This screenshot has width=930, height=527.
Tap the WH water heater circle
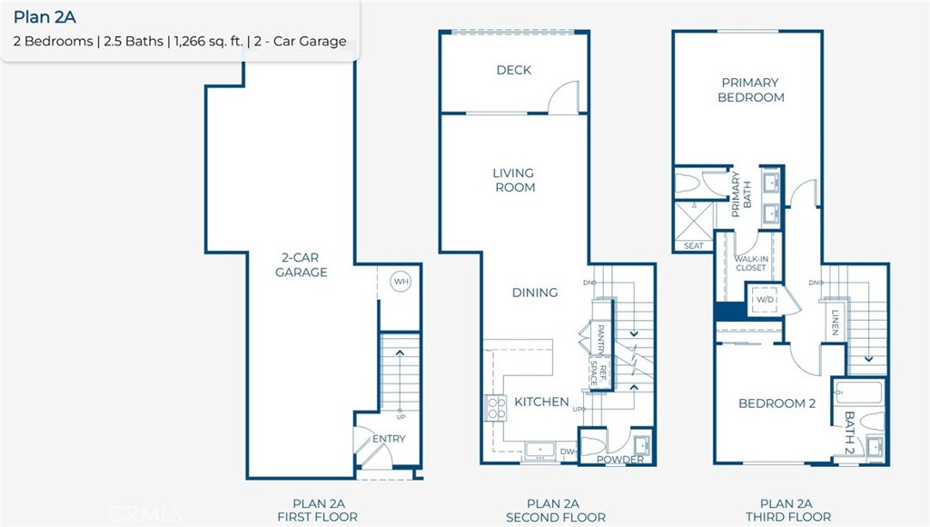coord(401,283)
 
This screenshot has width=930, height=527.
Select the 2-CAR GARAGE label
coord(302,264)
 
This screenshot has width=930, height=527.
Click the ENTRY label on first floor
coord(389,439)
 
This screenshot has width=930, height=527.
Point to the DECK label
coord(514,70)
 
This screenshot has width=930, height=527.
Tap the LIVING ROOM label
coord(514,180)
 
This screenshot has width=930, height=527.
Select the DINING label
coord(534,293)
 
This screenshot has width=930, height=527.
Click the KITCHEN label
coord(541,402)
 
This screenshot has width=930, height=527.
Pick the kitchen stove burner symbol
coord(496,409)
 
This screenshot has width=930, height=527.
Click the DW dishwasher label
coord(567,451)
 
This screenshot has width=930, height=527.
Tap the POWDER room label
coord(620,460)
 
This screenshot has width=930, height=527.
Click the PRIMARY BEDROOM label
coord(750,89)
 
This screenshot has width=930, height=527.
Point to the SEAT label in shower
coord(693,246)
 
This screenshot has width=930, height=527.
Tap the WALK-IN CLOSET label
coord(750,263)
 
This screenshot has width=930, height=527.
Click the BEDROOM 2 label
coord(777,403)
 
